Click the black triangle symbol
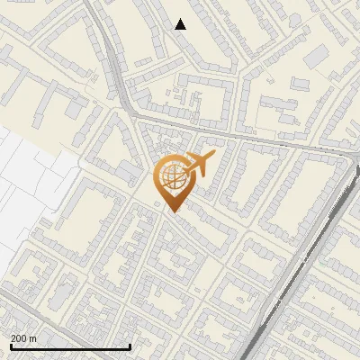tap(181, 24)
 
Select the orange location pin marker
tap(173, 183)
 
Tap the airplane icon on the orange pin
tap(199, 165)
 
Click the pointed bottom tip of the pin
tap(173, 211)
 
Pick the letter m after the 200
tap(32, 338)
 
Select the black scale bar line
tap(70, 346)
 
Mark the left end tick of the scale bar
tap(11, 346)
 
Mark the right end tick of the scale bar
tap(130, 346)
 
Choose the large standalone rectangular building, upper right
tap(316, 58)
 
